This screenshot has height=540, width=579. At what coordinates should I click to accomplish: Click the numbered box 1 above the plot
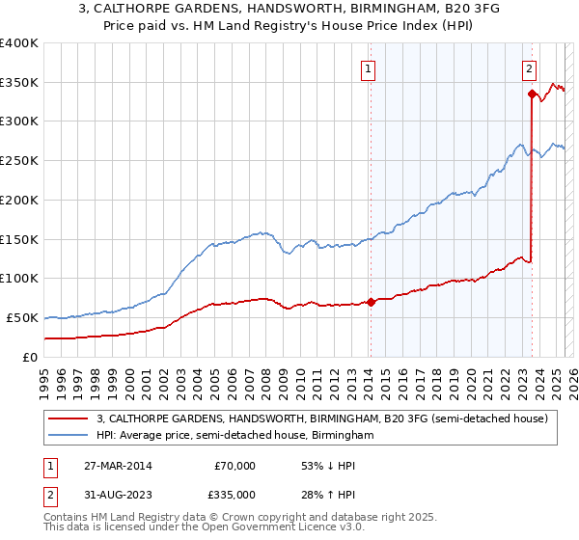pyautogui.click(x=370, y=68)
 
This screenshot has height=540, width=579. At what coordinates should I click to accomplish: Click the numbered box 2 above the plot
pyautogui.click(x=531, y=68)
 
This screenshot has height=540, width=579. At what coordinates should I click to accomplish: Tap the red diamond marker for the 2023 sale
pyautogui.click(x=532, y=94)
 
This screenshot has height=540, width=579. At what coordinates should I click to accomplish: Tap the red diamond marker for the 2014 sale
pyautogui.click(x=371, y=301)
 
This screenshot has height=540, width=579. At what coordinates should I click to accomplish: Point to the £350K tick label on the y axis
pyautogui.click(x=19, y=83)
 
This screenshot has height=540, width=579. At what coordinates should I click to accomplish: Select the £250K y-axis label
pyautogui.click(x=19, y=161)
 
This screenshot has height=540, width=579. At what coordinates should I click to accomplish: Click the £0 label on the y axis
pyautogui.click(x=29, y=357)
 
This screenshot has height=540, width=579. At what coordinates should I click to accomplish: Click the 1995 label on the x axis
pyautogui.click(x=44, y=376)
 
